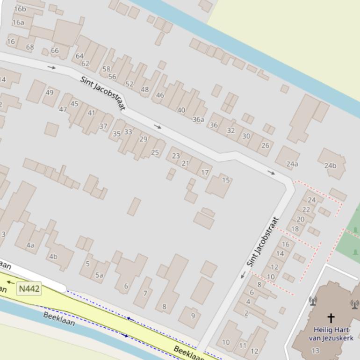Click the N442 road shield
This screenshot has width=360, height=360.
point(29,289)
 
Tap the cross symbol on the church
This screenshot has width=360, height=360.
point(331,318)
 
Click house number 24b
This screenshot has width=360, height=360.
point(330,166)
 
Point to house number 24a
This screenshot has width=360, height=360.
point(292,164)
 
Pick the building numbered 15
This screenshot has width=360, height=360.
point(226,180)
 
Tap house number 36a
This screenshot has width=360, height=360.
point(199,120)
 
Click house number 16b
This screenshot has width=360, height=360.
point(20,9)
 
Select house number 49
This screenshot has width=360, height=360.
point(50,93)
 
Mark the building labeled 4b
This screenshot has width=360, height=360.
point(53,256)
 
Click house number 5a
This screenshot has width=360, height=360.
point(99,275)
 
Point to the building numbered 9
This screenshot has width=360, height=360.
point(193,316)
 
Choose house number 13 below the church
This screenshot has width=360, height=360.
point(315,351)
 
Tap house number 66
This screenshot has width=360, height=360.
point(55,50)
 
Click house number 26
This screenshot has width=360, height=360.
point(265,145)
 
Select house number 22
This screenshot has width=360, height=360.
point(306,209)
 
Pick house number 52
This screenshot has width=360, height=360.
point(130,84)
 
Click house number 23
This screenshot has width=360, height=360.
point(176,156)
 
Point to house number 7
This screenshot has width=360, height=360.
point(145,294)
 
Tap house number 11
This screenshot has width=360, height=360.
point(243,346)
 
